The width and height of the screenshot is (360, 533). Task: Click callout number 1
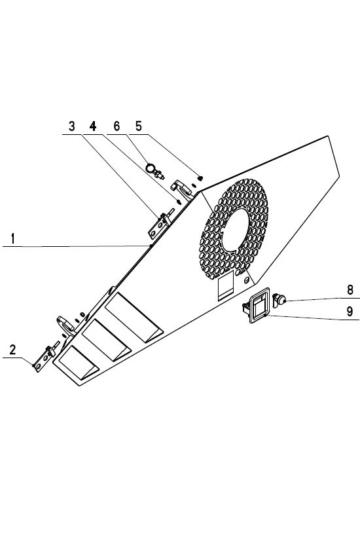[x=12, y=238]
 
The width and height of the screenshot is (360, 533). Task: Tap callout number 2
[x=12, y=350]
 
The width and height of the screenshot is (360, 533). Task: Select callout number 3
[x=72, y=126]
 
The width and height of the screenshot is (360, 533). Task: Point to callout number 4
[x=93, y=126]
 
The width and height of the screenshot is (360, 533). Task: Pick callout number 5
[x=138, y=126]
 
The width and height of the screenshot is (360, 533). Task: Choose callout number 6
[x=117, y=126]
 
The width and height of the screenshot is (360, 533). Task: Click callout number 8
[x=350, y=289]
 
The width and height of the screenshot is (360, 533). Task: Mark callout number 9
[x=350, y=311]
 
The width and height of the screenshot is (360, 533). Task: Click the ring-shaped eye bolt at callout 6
[x=150, y=167]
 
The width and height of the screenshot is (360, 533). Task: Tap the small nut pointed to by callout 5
[x=200, y=177]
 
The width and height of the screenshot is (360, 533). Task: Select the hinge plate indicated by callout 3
[x=159, y=225]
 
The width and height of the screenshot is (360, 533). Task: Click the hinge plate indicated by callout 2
[x=45, y=359]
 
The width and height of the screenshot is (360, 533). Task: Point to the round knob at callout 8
[x=279, y=300]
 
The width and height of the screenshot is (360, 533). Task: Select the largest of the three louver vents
[x=134, y=317]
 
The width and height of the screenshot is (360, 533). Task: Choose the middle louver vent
[x=107, y=340]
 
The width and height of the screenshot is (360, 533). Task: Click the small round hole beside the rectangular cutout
[x=247, y=280]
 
